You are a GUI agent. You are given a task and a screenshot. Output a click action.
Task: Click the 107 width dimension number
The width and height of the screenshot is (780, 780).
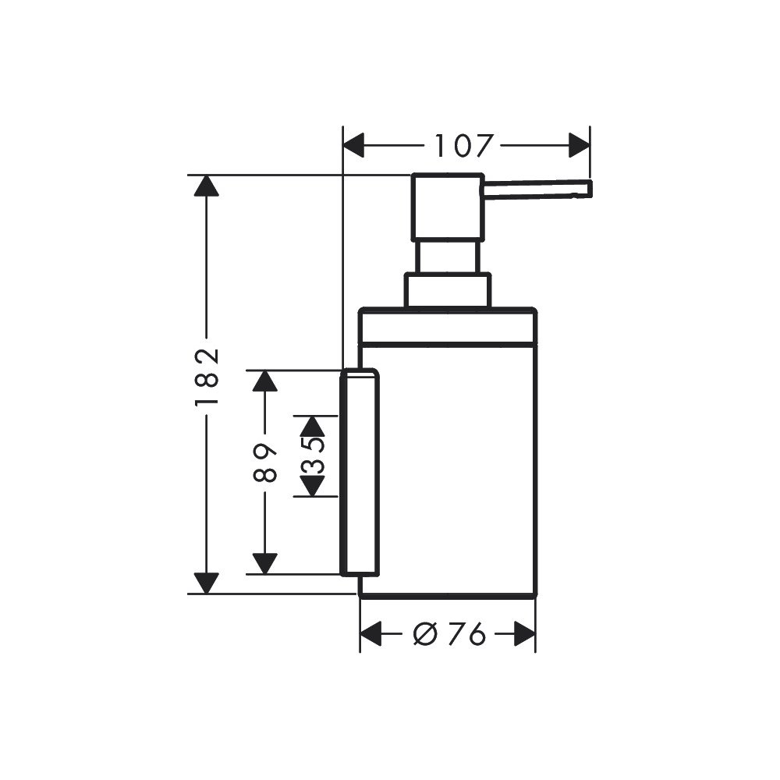(x=463, y=146)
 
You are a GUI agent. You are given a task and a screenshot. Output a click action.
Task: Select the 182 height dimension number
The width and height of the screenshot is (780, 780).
(x=207, y=377)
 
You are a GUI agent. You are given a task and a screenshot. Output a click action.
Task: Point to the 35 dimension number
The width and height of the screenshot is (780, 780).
(x=313, y=456)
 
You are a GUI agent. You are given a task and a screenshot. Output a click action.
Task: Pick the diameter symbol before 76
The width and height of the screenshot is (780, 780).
(x=425, y=634)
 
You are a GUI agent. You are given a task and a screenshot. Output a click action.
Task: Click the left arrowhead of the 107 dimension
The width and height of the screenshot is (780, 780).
(x=353, y=145)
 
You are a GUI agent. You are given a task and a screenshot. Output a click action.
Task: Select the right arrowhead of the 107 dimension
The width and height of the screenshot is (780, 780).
(x=579, y=145)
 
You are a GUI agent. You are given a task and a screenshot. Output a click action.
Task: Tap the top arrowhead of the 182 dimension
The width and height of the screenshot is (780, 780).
(x=207, y=186)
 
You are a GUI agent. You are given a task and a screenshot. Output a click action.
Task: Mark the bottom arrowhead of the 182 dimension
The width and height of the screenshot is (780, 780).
(x=207, y=583)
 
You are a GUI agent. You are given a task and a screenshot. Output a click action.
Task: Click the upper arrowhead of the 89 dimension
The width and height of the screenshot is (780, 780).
(x=264, y=381)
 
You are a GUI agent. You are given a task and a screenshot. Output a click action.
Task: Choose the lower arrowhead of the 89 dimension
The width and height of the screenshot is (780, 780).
(x=264, y=564)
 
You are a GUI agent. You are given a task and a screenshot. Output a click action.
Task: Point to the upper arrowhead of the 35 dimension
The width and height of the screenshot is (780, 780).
(x=313, y=426)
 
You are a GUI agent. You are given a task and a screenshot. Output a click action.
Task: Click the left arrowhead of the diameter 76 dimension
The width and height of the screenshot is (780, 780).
(x=370, y=634)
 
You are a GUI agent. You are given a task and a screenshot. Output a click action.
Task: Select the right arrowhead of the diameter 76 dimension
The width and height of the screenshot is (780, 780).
(x=524, y=634)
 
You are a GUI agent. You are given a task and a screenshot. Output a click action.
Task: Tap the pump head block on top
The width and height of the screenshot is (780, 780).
(x=447, y=207)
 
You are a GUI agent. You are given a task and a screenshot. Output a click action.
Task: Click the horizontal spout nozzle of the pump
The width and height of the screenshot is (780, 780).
(x=538, y=190)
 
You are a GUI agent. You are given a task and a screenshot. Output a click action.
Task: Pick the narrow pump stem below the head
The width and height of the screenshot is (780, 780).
(x=448, y=257)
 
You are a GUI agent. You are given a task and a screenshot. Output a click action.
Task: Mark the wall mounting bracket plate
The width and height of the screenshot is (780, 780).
(x=360, y=473)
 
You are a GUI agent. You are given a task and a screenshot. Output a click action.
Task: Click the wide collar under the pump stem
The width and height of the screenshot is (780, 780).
(x=448, y=290)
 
